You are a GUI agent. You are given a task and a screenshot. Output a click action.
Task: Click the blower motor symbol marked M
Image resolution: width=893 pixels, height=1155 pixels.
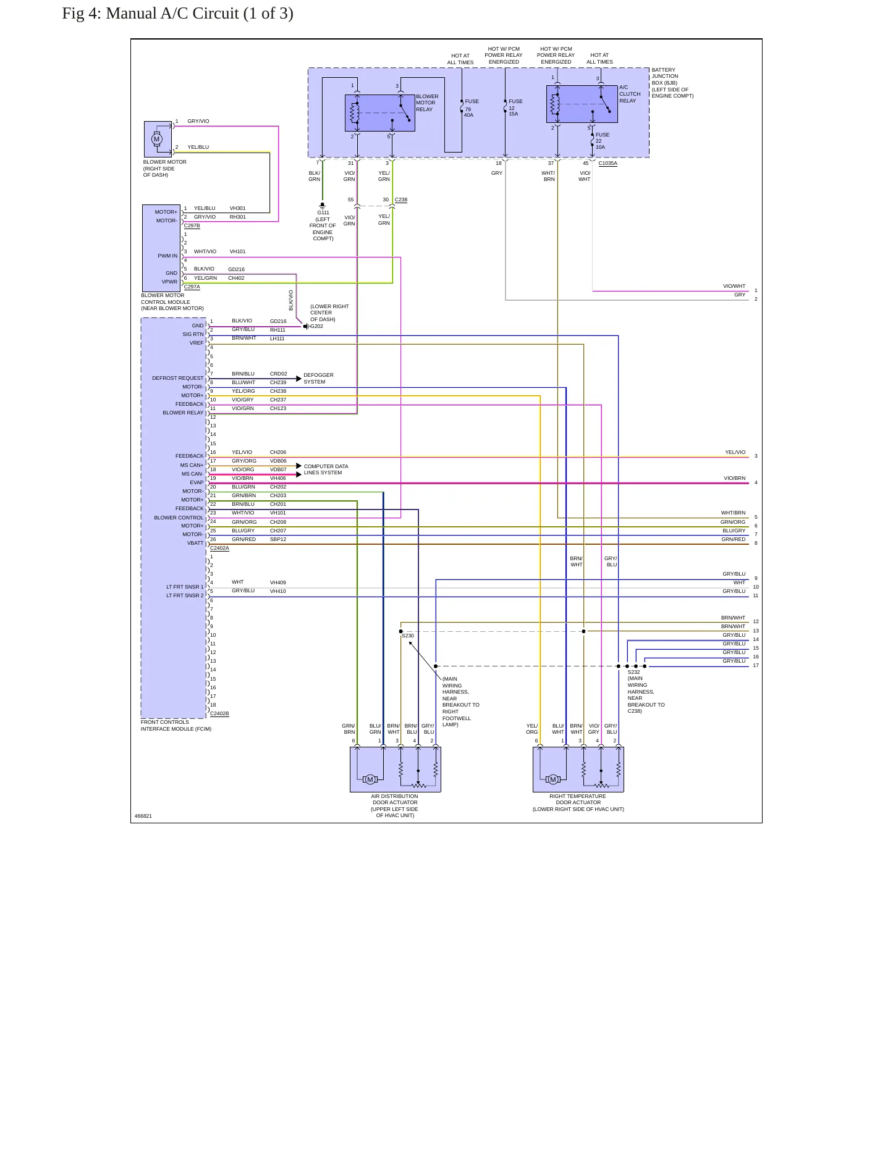(156, 139)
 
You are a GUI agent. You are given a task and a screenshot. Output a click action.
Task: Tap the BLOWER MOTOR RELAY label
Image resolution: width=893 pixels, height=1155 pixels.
(427, 103)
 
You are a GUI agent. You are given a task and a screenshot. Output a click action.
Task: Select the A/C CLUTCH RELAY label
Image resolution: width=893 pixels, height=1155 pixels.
(630, 94)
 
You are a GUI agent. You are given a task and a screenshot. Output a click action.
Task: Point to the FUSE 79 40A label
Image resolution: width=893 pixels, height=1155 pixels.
(471, 108)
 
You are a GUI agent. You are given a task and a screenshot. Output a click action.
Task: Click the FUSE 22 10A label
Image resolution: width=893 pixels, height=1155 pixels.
(602, 141)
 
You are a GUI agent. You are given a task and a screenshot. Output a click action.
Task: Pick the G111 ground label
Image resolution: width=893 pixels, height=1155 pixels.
(323, 212)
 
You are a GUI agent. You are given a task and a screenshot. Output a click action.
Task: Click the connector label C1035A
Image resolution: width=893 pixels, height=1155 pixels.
(608, 164)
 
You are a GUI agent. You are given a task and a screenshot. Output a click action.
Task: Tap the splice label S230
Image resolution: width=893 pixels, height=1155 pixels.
(408, 636)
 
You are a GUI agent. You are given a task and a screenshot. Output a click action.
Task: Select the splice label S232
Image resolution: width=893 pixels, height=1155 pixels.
(634, 672)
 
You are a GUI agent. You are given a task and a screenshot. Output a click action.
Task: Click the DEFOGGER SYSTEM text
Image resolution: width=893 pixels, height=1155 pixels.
(318, 379)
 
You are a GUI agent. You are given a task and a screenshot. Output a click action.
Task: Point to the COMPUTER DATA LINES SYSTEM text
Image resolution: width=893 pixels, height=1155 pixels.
(326, 469)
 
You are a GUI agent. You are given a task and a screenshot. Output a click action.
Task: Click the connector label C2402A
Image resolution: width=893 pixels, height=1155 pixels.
(219, 548)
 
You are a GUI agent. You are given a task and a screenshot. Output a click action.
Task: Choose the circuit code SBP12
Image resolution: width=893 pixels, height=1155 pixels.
(278, 539)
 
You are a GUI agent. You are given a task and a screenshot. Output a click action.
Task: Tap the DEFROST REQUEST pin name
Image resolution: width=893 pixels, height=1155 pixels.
(178, 378)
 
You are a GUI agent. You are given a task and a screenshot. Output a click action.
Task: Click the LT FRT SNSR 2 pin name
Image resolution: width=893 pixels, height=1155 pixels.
(185, 595)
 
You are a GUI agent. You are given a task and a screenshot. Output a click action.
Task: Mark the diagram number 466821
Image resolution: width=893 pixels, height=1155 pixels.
(143, 816)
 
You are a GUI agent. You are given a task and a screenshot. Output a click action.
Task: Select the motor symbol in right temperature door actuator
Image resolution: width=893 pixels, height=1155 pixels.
(553, 779)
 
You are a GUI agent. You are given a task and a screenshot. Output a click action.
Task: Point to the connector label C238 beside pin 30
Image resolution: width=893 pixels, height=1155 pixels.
(401, 200)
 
